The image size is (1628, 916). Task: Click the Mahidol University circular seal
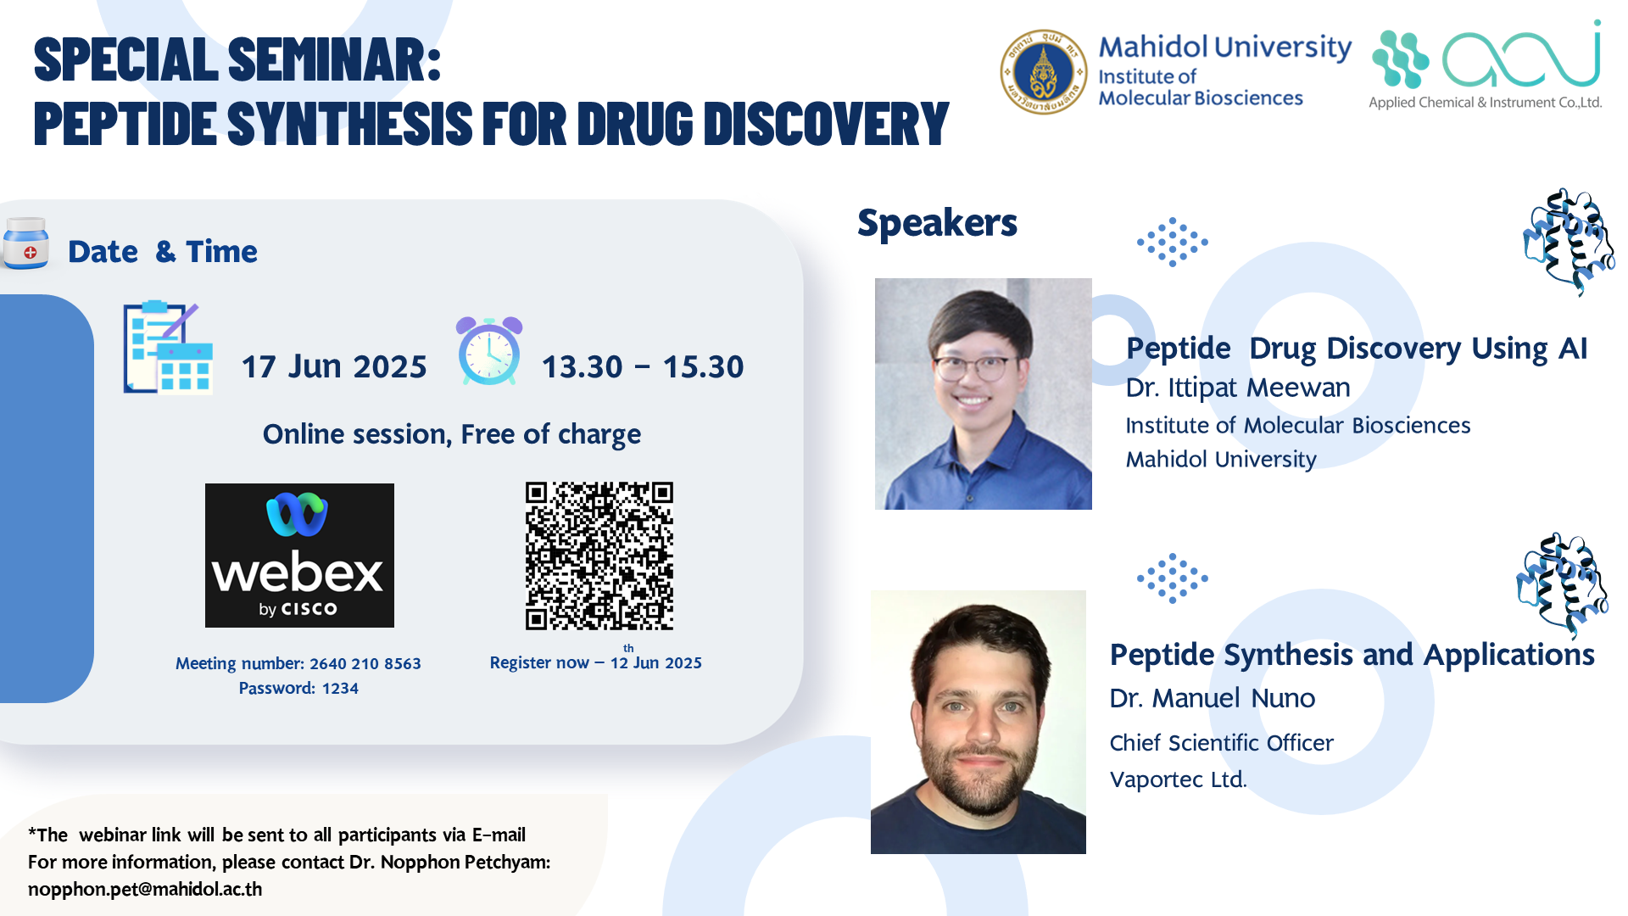[x=1043, y=72]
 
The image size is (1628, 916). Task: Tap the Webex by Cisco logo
[x=299, y=556]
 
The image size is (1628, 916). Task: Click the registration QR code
[x=599, y=556]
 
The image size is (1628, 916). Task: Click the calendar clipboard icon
[x=168, y=348]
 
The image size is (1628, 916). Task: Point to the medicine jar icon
[x=25, y=243]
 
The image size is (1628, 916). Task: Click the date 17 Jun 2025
[x=334, y=366]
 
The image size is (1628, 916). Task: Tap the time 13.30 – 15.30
[x=643, y=366]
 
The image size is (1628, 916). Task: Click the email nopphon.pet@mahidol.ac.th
[x=145, y=889]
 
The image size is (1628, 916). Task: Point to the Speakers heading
[x=937, y=223]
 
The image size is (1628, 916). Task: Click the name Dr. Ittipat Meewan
[x=1238, y=388]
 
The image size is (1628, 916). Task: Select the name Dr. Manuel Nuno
[x=1213, y=698]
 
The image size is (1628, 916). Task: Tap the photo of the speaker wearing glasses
[x=984, y=394]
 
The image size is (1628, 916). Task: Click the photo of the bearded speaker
[x=978, y=722]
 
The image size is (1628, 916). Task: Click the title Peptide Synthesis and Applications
[x=1352, y=655]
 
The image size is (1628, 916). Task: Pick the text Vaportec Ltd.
[x=1179, y=779]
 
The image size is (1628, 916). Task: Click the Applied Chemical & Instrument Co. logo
[x=1486, y=65]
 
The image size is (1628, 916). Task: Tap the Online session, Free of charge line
[x=452, y=434]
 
